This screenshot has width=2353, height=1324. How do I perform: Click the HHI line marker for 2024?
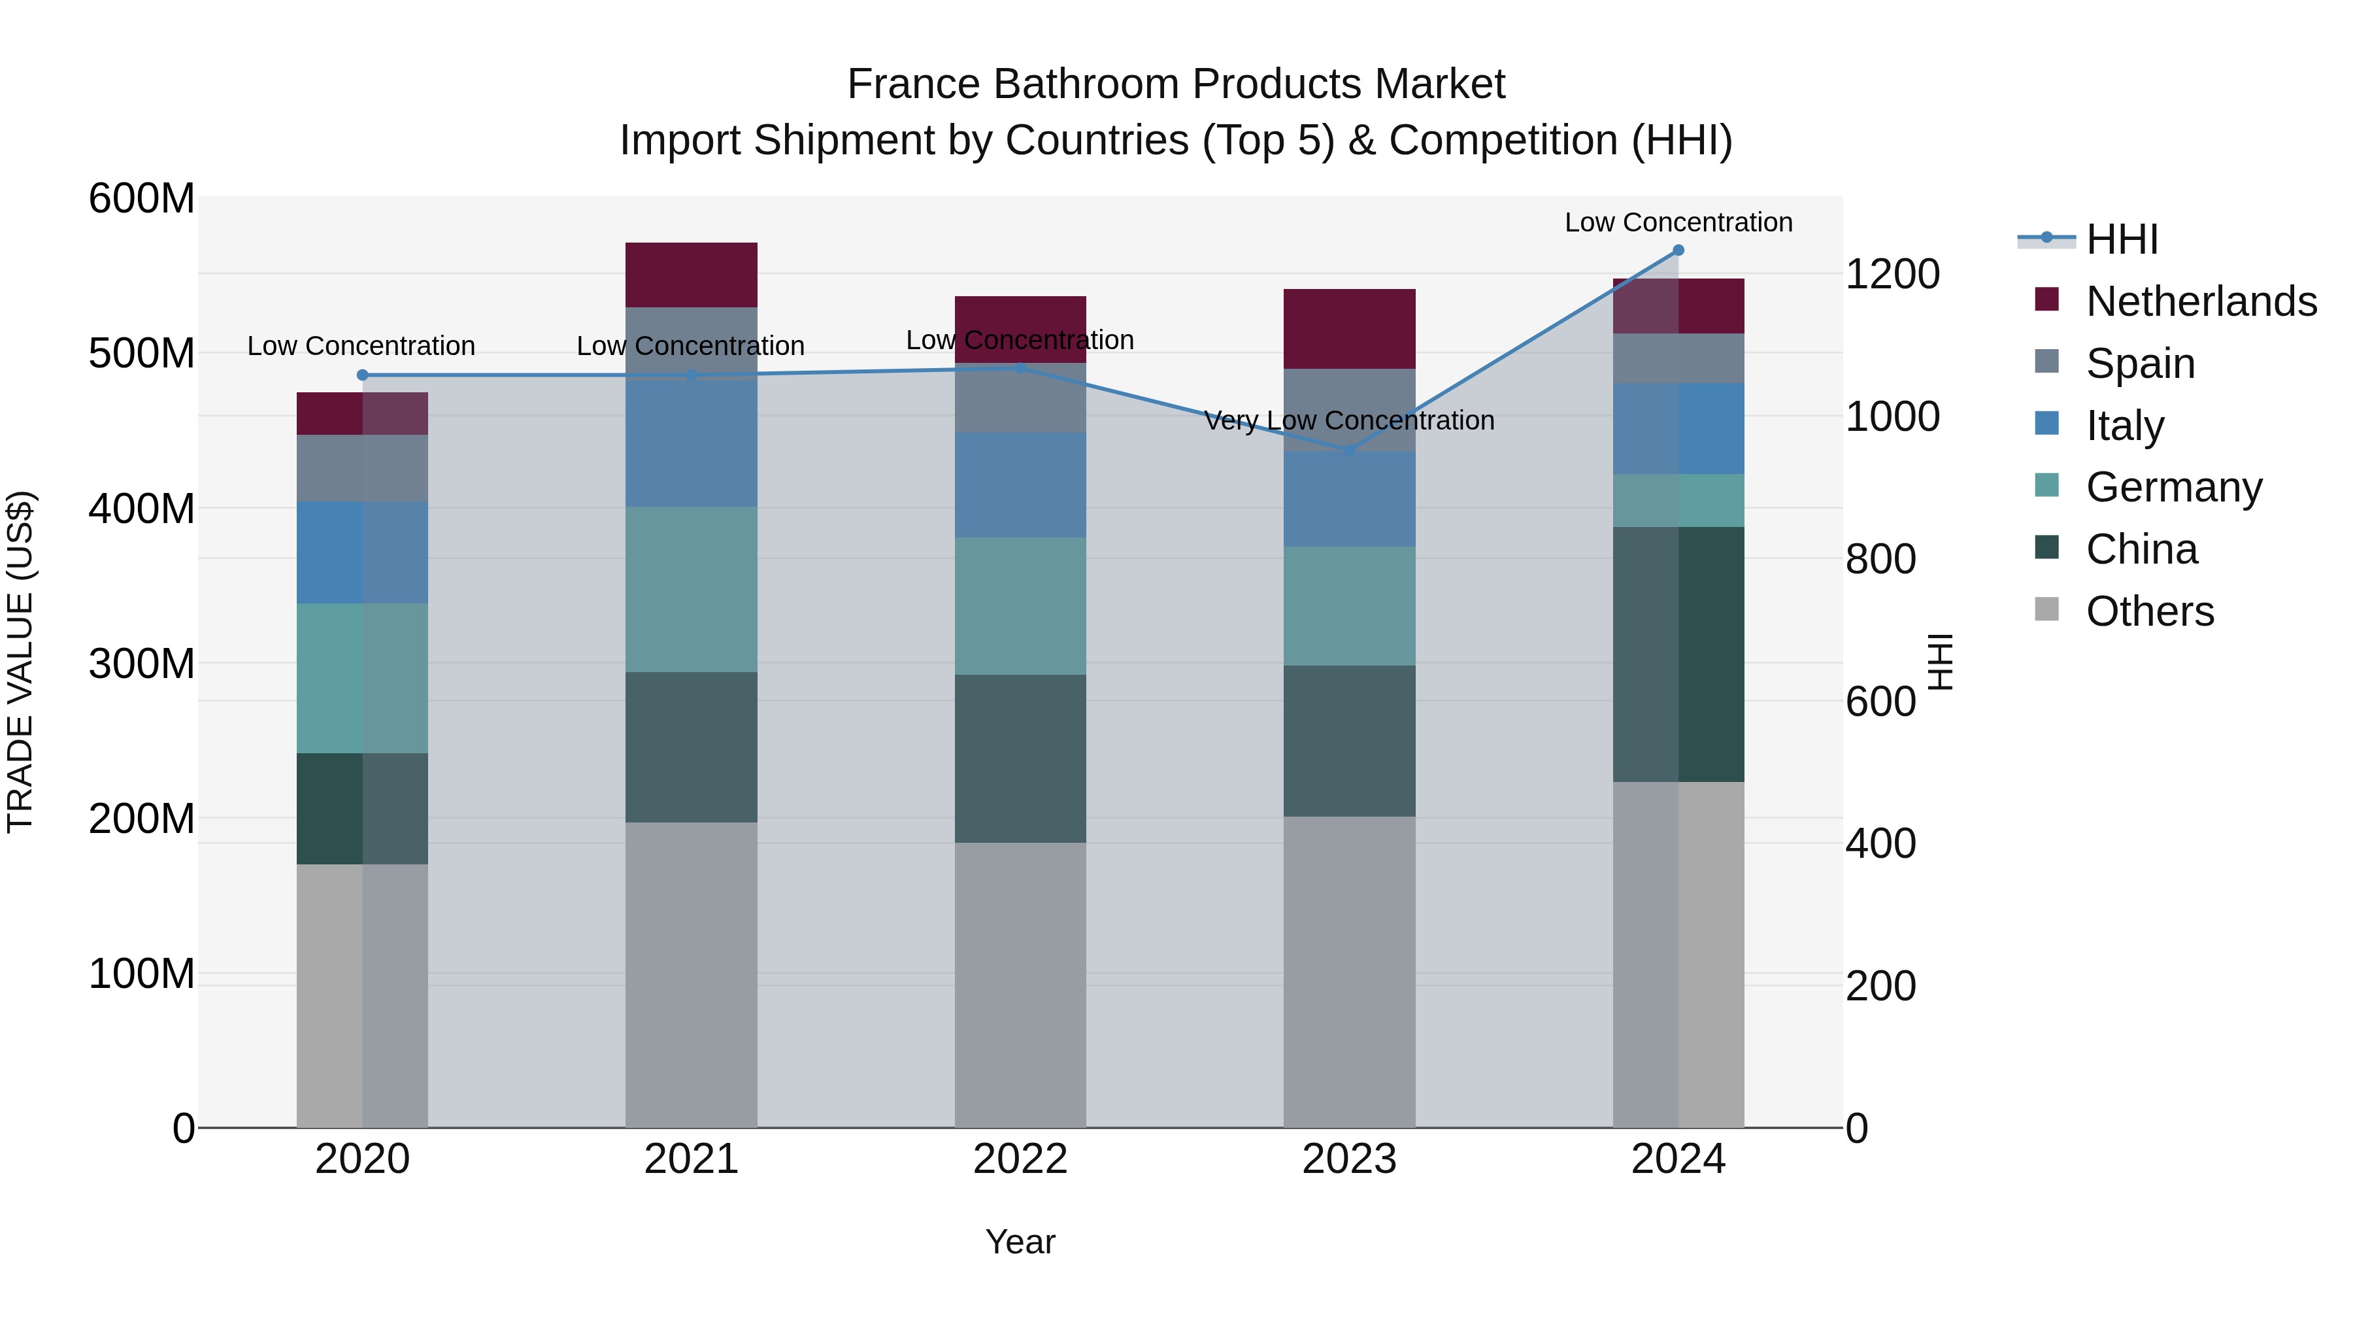pyautogui.click(x=1678, y=250)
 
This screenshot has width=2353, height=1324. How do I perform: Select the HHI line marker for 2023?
pyautogui.click(x=1349, y=450)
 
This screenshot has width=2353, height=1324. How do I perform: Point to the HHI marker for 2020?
pyautogui.click(x=363, y=375)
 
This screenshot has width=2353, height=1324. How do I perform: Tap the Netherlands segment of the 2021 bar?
pyautogui.click(x=692, y=274)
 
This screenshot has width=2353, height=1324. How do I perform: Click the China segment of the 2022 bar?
pyautogui.click(x=1020, y=758)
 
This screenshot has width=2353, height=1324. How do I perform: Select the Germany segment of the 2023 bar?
pyautogui.click(x=1349, y=606)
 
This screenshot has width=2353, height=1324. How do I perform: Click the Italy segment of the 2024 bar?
pyautogui.click(x=1678, y=428)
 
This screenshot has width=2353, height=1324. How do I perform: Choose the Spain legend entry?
pyautogui.click(x=2140, y=364)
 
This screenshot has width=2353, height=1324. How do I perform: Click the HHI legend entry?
pyautogui.click(x=2122, y=239)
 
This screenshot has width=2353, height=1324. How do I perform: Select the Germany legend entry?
pyautogui.click(x=2174, y=487)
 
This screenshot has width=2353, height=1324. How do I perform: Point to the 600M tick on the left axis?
pyautogui.click(x=142, y=198)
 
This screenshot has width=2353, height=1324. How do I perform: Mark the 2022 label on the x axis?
pyautogui.click(x=1020, y=1159)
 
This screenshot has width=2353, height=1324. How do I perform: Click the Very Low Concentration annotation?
pyautogui.click(x=1349, y=420)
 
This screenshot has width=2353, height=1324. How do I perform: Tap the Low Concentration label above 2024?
pyautogui.click(x=1678, y=222)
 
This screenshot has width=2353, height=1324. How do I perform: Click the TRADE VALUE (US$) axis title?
pyautogui.click(x=20, y=662)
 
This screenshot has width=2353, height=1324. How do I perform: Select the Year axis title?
pyautogui.click(x=1020, y=1242)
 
